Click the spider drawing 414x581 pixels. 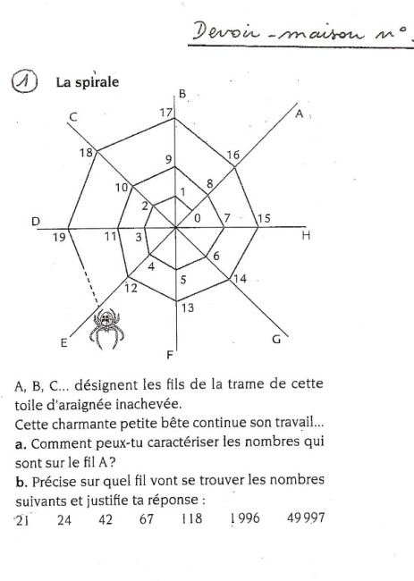point(106,327)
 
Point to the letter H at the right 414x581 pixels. point(306,236)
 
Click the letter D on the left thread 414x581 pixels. point(36,220)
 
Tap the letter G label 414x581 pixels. point(276,339)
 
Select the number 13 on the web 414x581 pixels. point(186,309)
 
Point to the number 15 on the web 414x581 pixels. point(264,219)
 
